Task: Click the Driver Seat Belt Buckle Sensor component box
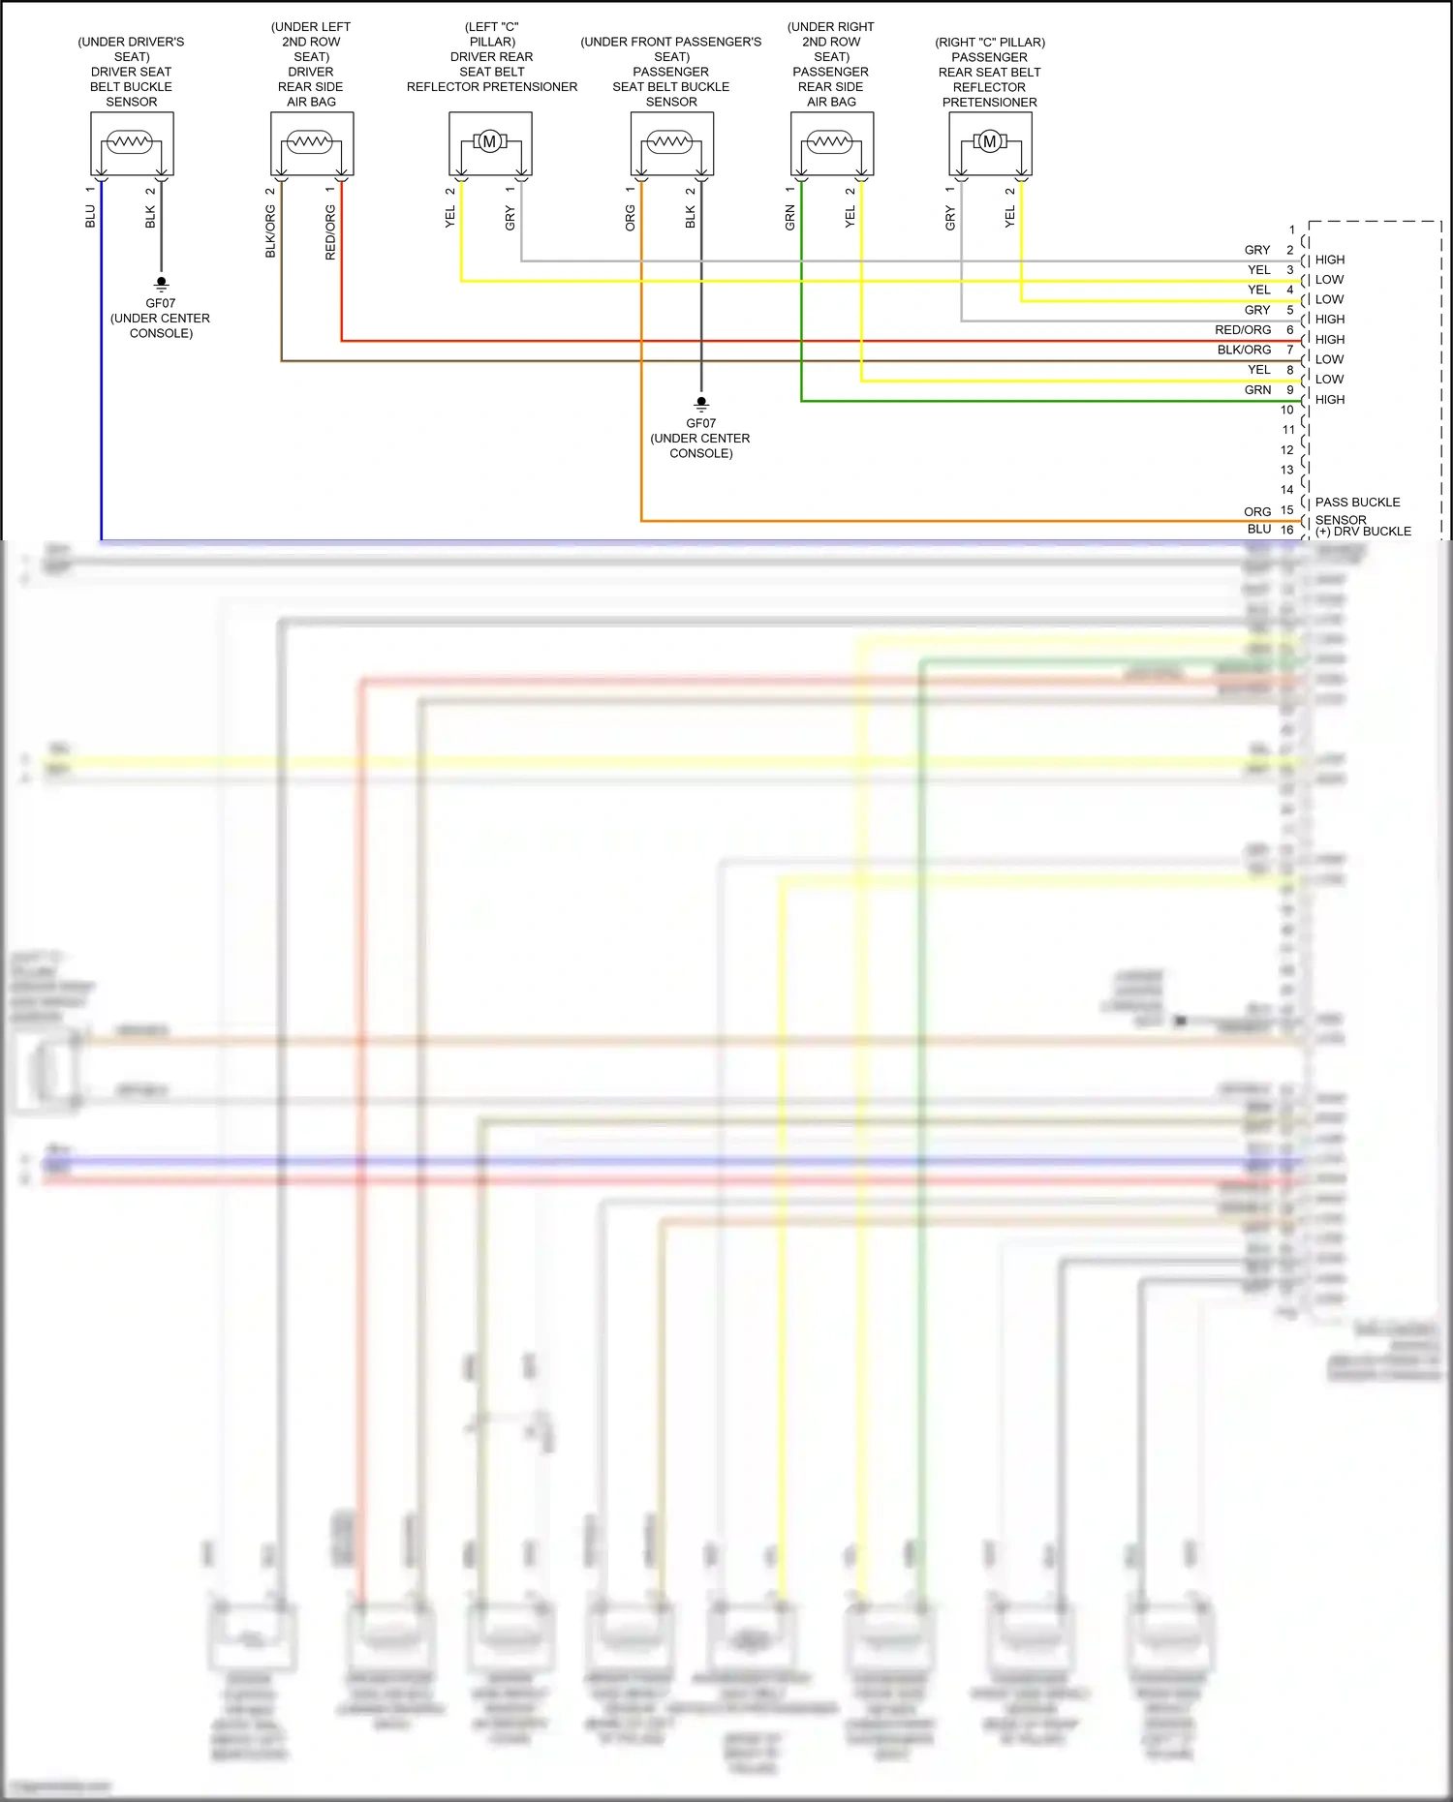[132, 143]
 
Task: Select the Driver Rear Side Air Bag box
[311, 143]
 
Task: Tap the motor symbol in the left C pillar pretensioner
[490, 142]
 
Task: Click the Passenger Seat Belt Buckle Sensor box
[671, 143]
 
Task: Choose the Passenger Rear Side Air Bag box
[831, 143]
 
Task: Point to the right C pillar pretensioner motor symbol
[989, 142]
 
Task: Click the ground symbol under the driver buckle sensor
[161, 285]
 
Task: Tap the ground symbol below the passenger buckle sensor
[701, 404]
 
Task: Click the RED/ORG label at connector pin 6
[1243, 330]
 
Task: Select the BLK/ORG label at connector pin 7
[1244, 351]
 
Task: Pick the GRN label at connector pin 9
[1257, 390]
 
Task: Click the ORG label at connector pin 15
[1257, 511]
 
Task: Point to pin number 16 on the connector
[1286, 530]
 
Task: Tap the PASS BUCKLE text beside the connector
[1357, 503]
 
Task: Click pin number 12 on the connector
[1286, 450]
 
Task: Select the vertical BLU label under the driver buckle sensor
[90, 216]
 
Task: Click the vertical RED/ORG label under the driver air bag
[330, 232]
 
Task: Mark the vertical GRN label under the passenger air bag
[790, 217]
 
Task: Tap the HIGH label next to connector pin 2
[1329, 260]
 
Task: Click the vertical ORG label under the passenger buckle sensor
[631, 217]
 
